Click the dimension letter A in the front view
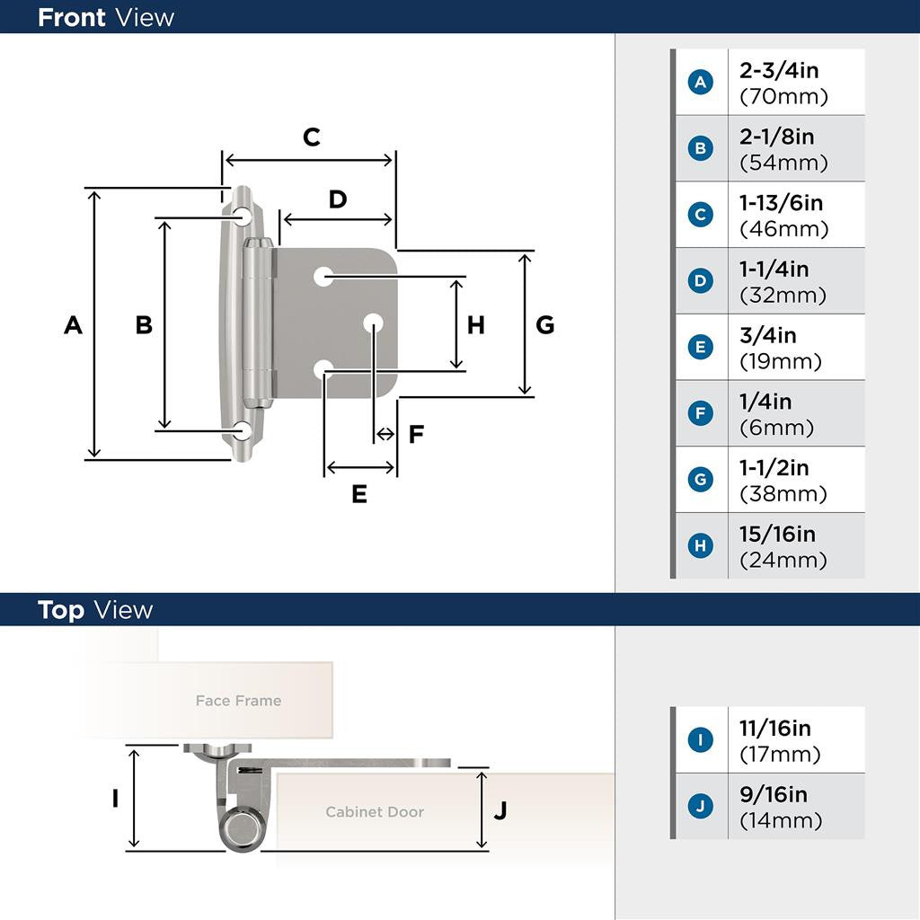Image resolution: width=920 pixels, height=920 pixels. [74, 325]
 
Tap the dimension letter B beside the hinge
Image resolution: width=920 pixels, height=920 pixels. [144, 325]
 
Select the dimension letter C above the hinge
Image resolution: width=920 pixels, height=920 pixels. [311, 137]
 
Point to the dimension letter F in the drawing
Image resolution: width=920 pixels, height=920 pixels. [416, 435]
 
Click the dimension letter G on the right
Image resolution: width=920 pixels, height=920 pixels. [544, 325]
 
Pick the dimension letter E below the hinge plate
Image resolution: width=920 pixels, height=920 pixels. [359, 494]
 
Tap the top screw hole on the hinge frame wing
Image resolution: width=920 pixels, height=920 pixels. [243, 217]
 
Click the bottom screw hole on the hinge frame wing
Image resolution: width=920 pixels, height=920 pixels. [243, 430]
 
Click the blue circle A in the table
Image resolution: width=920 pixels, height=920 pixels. [701, 83]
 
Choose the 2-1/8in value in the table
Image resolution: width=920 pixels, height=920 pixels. [776, 137]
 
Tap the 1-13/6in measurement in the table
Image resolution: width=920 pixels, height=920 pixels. [781, 203]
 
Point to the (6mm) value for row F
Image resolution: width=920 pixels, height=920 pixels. [776, 428]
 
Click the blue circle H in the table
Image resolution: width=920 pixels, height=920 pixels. [701, 545]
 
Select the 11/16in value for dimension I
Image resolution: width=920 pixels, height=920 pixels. [774, 728]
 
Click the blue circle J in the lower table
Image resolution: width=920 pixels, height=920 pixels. [701, 806]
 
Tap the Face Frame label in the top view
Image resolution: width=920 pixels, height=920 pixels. [238, 701]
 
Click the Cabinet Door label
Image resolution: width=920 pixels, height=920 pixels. [374, 812]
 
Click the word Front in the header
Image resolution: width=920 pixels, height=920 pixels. [71, 17]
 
